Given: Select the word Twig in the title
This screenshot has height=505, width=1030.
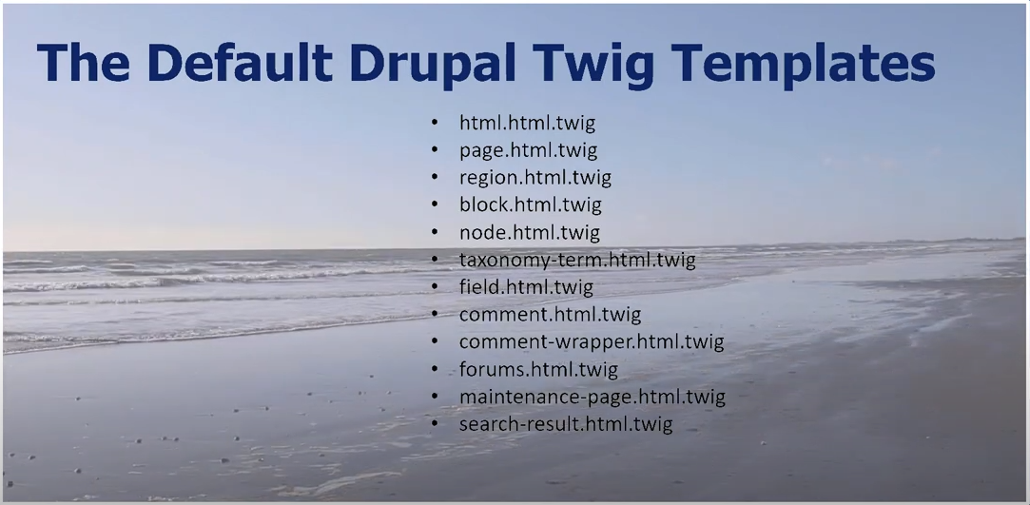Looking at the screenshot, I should pyautogui.click(x=613, y=62).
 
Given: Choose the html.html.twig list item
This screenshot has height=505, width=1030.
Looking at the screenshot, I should pyautogui.click(x=527, y=123).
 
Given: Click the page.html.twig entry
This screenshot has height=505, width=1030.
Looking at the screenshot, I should pyautogui.click(x=528, y=150).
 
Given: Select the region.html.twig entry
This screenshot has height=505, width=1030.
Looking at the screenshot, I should pyautogui.click(x=534, y=178).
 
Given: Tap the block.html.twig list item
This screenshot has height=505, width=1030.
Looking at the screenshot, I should pyautogui.click(x=530, y=204).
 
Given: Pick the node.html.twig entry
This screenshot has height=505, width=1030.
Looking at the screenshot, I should pyautogui.click(x=529, y=232).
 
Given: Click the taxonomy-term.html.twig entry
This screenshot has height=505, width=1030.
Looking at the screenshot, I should pyautogui.click(x=577, y=260).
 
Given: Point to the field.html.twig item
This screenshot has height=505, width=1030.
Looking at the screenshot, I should pyautogui.click(x=526, y=286).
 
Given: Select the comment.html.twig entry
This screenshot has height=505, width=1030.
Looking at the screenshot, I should pyautogui.click(x=550, y=314).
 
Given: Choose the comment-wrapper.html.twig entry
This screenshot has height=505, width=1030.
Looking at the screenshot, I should pyautogui.click(x=591, y=341).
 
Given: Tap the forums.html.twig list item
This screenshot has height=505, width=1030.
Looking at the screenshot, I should pyautogui.click(x=538, y=369).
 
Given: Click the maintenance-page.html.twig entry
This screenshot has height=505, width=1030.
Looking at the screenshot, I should pyautogui.click(x=592, y=397).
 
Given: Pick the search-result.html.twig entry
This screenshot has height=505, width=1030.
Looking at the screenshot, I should pyautogui.click(x=565, y=424).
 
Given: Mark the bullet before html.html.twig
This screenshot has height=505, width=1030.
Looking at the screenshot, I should pyautogui.click(x=435, y=124).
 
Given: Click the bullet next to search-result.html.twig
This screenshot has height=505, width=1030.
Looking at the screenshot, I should pyautogui.click(x=435, y=425).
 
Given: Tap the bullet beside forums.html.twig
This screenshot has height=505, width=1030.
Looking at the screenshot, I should pyautogui.click(x=435, y=370).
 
